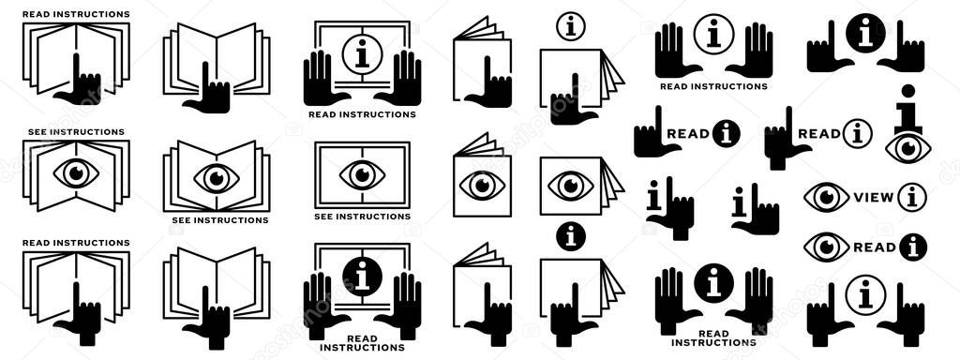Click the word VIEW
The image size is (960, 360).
tap(873, 198)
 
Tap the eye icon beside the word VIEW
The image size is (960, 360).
tap(826, 198)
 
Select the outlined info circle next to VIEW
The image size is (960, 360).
tap(912, 198)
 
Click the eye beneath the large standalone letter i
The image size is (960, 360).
tap(907, 147)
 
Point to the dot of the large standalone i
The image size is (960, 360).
tap(907, 91)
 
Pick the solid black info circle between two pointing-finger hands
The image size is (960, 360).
tap(865, 33)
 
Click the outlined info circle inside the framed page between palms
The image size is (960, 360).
tap(362, 53)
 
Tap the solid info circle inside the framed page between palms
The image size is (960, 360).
tap(362, 277)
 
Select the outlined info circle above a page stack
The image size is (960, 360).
tap(570, 26)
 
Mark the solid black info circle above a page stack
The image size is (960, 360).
tap(570, 236)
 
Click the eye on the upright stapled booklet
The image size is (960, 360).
tap(483, 185)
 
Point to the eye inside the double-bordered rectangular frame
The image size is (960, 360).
tap(362, 174)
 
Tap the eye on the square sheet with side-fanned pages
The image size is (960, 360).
tap(570, 185)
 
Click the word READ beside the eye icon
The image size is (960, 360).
tap(875, 247)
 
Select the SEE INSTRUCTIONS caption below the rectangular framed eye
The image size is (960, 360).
tap(362, 217)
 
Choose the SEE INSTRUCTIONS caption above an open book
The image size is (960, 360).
tap(76, 132)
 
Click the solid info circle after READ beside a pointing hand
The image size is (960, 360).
tap(726, 134)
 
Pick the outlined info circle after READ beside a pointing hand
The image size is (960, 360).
tap(857, 134)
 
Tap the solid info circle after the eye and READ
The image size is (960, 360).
tap(913, 247)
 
